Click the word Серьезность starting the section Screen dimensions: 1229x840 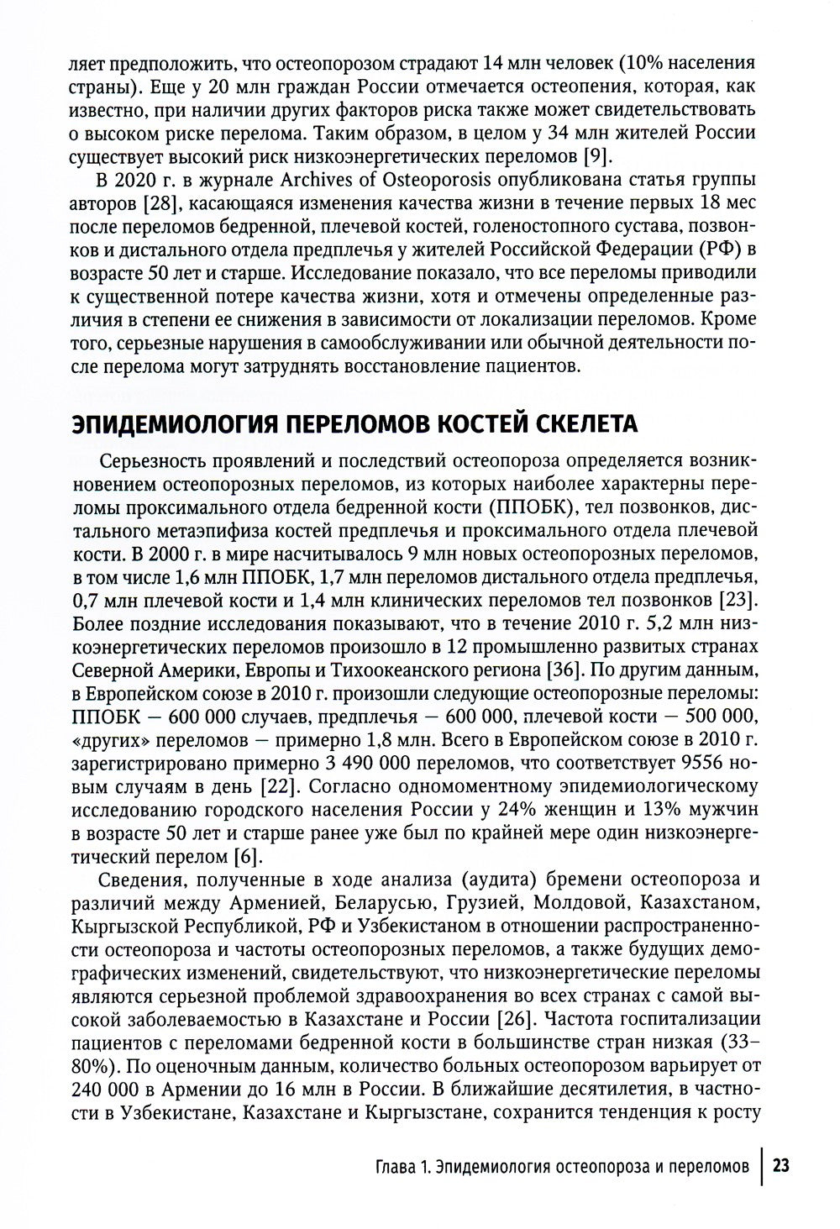(152, 461)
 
